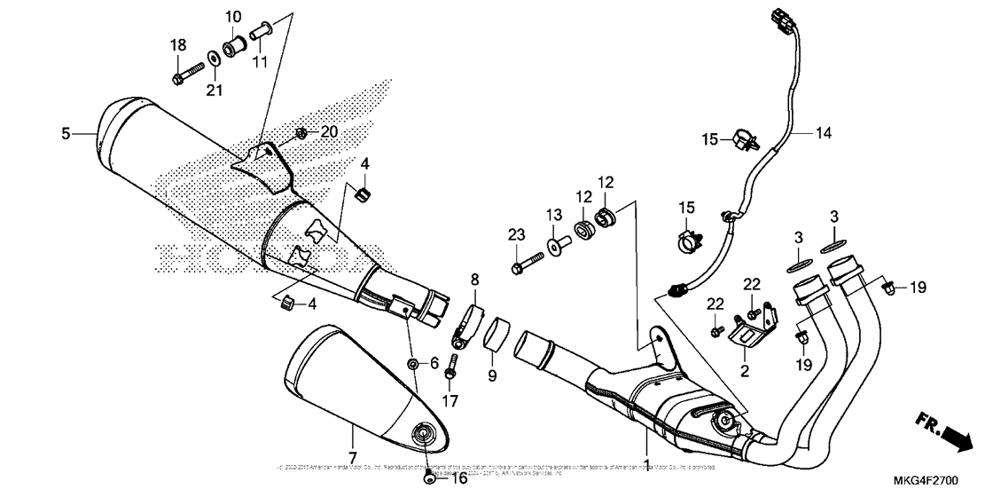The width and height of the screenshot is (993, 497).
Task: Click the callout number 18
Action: pos(178,45)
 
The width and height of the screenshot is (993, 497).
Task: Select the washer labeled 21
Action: pos(215,59)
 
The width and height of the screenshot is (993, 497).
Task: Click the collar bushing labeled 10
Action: pos(236,43)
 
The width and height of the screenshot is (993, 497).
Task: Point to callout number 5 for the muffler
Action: pos(66,134)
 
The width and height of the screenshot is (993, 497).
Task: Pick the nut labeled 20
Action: pos(301,132)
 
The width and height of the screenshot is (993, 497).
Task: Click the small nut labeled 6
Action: pos(414,364)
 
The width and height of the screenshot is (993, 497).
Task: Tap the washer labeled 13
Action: pos(554,246)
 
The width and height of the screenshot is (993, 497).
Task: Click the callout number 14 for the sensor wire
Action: pos(824,134)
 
